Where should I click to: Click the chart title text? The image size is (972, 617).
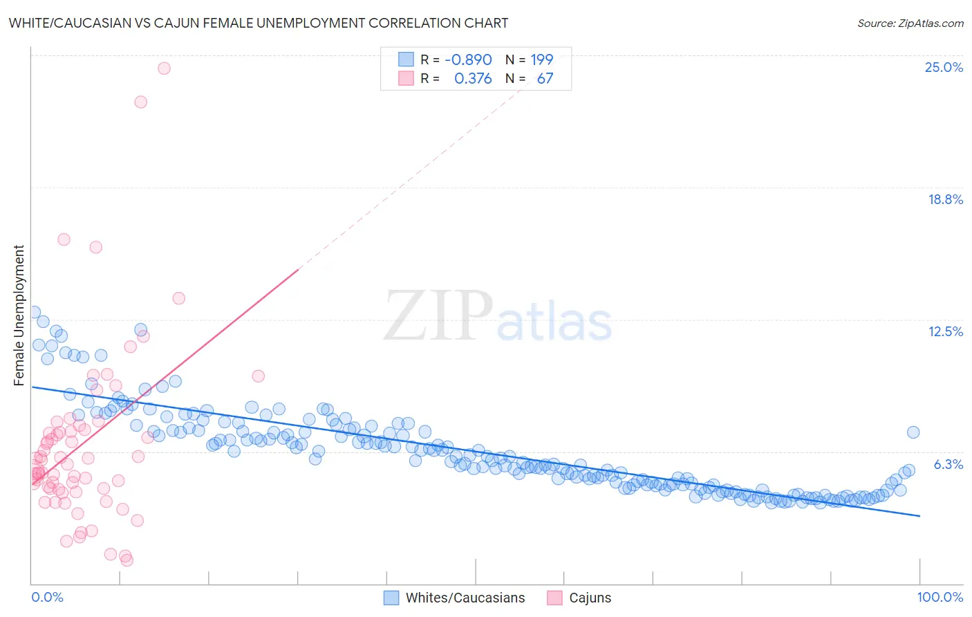[258, 23]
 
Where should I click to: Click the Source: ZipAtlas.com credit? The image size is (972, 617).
[910, 23]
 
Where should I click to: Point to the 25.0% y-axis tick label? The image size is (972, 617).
[944, 67]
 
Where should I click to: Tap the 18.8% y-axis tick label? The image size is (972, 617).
[945, 199]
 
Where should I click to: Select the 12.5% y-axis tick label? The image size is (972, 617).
[945, 331]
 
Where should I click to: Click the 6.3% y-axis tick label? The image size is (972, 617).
[948, 464]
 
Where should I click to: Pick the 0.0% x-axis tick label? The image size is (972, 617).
[47, 597]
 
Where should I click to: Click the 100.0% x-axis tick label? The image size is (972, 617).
[940, 597]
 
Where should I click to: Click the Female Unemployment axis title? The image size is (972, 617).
[19, 315]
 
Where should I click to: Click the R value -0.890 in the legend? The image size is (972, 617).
[468, 59]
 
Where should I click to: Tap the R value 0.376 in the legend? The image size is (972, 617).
[473, 79]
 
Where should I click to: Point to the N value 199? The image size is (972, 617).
[542, 59]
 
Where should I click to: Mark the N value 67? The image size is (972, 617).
[545, 79]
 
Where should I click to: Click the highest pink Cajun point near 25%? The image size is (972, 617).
[164, 68]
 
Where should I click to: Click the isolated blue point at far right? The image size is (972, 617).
[913, 432]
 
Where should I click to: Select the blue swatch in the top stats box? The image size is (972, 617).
[406, 59]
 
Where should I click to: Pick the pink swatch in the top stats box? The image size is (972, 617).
[406, 79]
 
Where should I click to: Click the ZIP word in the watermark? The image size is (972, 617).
[438, 316]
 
